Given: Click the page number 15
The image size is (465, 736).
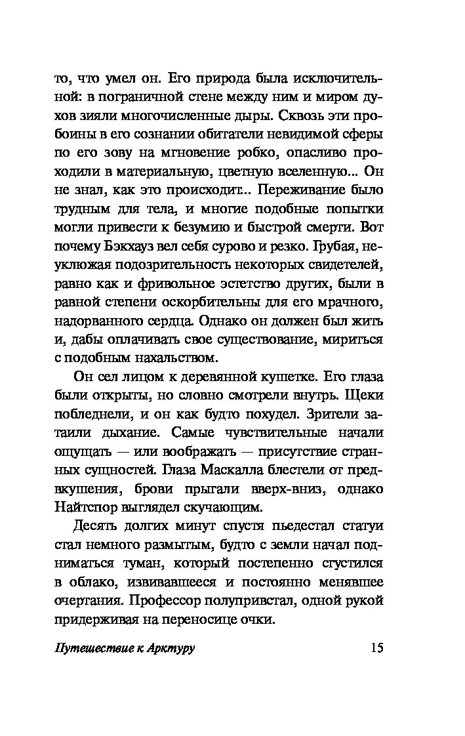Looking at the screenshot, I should click(376, 648).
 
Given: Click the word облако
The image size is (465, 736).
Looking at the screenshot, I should click(92, 581).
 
